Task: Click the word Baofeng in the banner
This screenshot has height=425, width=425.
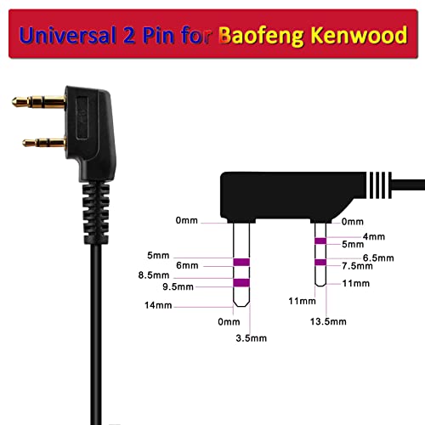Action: click(261, 37)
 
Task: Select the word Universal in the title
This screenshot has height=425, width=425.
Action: click(68, 36)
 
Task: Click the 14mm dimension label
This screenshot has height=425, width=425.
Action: click(158, 305)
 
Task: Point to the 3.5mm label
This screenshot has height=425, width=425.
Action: click(252, 338)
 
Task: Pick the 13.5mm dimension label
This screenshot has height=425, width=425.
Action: click(328, 321)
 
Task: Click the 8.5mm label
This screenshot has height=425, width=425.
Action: click(154, 275)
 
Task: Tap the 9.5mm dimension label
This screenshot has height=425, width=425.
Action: click(178, 286)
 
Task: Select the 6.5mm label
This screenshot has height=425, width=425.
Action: click(378, 258)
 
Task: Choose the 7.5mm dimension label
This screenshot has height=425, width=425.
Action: click(357, 266)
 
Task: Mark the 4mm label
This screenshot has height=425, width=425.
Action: click(374, 236)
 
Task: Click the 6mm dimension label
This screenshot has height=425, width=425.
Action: click(187, 265)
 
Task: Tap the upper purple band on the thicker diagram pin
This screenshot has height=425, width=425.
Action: click(241, 262)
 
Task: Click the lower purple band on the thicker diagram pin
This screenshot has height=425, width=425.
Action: click(241, 283)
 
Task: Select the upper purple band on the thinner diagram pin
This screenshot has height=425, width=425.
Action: click(320, 241)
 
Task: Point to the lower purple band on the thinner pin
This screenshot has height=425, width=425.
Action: click(320, 263)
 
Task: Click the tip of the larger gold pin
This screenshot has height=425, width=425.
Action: click(14, 102)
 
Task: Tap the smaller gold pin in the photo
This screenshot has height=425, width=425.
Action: click(44, 143)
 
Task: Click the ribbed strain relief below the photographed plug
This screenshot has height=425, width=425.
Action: click(96, 213)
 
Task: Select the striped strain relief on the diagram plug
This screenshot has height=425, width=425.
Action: click(379, 185)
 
